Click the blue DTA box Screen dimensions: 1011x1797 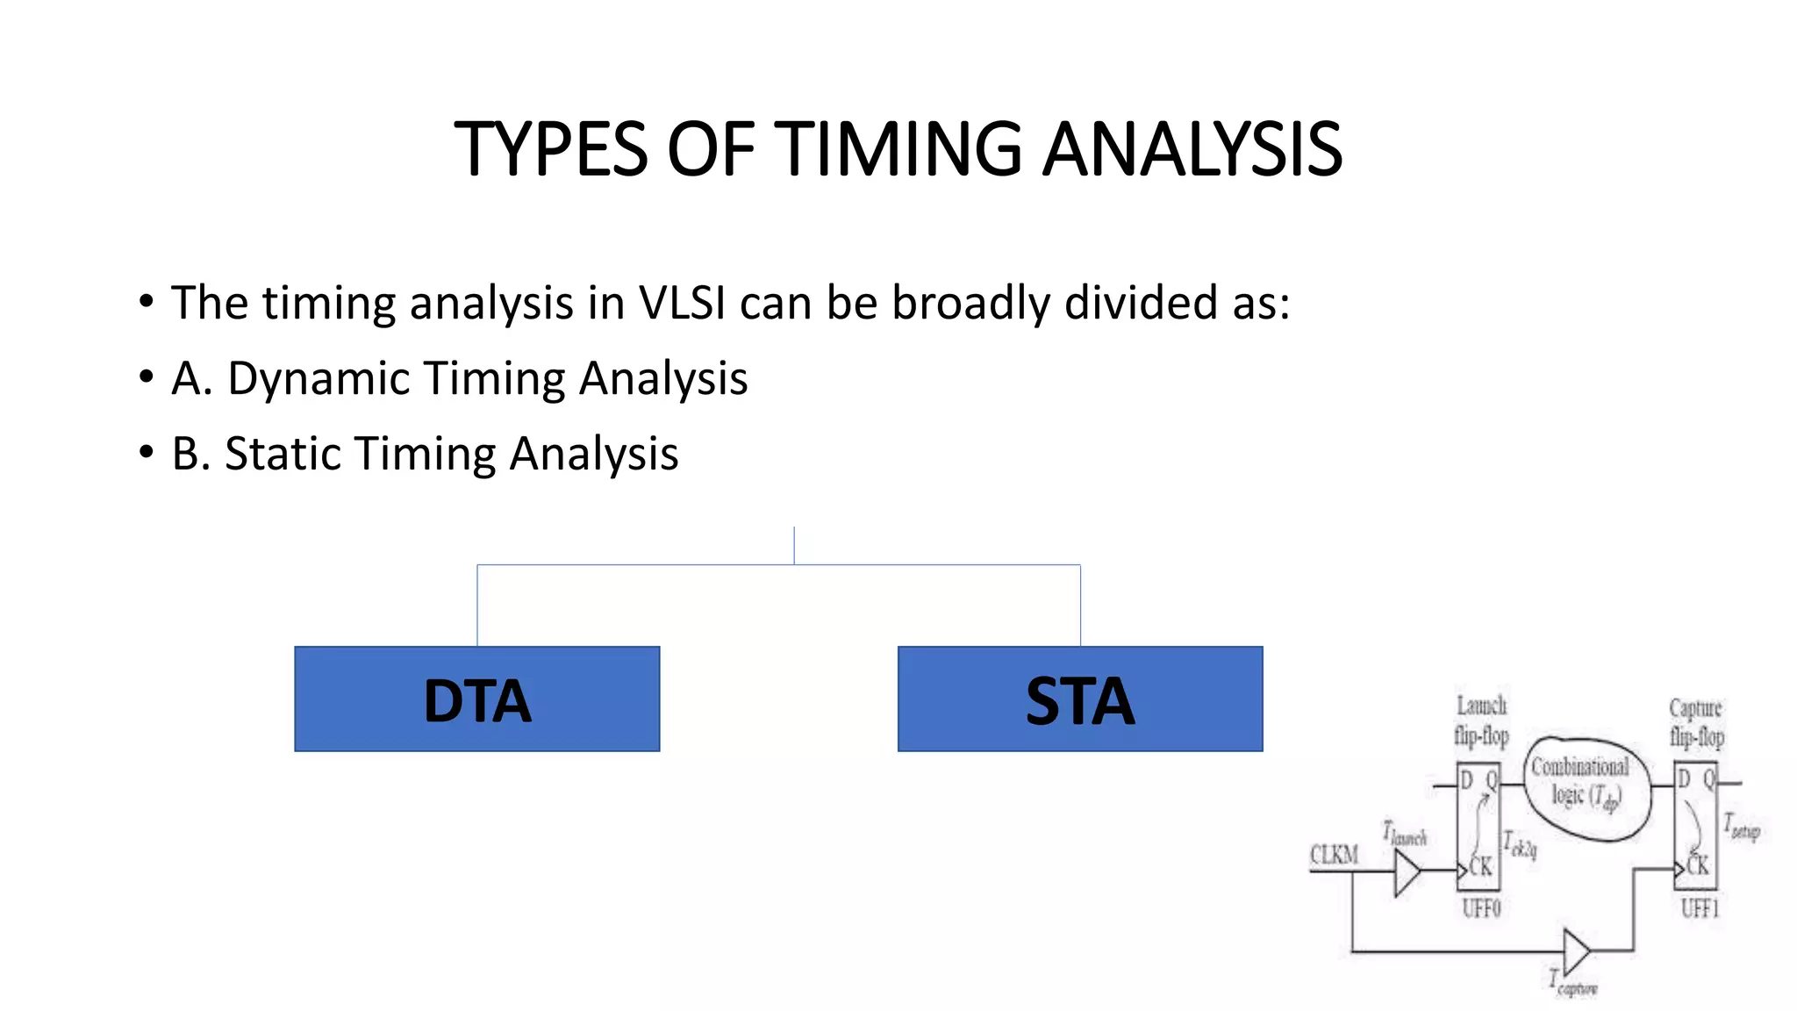point(476,699)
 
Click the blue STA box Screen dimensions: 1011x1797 point(1079,699)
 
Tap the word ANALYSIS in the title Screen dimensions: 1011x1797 point(1192,149)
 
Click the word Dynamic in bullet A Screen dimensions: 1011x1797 point(319,379)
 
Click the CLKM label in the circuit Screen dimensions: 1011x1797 point(1334,855)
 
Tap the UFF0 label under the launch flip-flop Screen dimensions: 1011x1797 point(1481,908)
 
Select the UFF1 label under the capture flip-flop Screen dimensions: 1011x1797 point(1700,908)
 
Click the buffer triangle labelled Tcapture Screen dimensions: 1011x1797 point(1577,950)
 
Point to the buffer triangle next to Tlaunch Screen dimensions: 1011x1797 point(1407,872)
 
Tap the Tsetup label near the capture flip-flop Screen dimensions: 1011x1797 point(1742,827)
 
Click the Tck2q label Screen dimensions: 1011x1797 point(1521,846)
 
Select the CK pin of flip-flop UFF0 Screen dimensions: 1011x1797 point(1480,867)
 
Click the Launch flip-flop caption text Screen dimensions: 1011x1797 point(1481,721)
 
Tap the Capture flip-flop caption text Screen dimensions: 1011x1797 point(1696,722)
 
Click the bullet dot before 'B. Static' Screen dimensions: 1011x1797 point(146,453)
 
